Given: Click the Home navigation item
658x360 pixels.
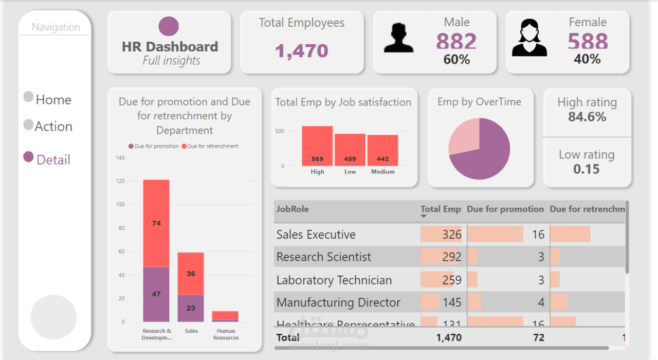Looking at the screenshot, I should [x=53, y=100].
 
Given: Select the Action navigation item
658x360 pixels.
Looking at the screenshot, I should [x=53, y=127].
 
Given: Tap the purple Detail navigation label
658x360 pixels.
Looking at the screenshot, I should [x=53, y=160].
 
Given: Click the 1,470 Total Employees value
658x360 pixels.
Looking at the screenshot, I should [x=301, y=51].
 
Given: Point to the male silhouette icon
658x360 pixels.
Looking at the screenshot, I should [x=398, y=37].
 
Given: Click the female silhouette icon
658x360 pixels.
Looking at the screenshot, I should [x=529, y=38].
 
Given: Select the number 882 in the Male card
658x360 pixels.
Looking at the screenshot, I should [x=456, y=42].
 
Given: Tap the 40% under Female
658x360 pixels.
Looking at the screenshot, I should [x=587, y=59].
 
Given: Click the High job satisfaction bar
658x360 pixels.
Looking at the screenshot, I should [x=317, y=146].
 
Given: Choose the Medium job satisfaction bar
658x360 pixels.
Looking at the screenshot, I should [x=382, y=150].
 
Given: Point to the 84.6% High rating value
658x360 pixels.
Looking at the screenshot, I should [x=587, y=117].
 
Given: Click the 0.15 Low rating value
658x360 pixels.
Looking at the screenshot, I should [x=587, y=169].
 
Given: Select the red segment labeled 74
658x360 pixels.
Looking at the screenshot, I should [x=156, y=223].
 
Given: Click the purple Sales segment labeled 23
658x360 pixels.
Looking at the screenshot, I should [x=191, y=308].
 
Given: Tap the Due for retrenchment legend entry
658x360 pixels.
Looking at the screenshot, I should [x=212, y=146].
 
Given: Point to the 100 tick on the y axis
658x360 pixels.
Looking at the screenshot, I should [x=120, y=205].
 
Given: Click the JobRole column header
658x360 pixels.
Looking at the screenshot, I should [x=293, y=209].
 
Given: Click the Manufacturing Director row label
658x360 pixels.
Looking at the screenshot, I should [x=338, y=302].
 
